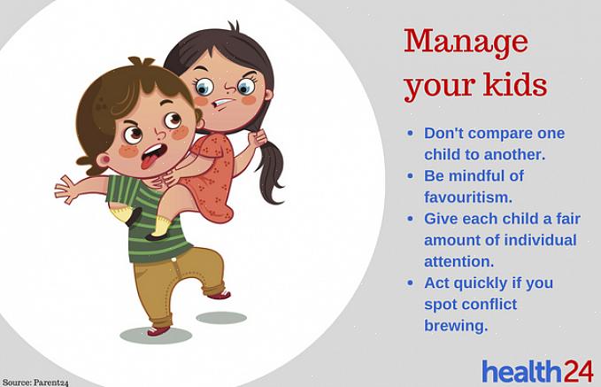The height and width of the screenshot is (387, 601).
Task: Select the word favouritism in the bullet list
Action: tap(467, 197)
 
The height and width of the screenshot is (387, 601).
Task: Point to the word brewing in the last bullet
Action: tap(456, 326)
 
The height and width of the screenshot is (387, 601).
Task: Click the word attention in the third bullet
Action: tap(458, 262)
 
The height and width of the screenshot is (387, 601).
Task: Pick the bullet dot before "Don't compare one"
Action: tap(411, 133)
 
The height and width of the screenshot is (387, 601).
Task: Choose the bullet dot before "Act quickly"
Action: tap(411, 283)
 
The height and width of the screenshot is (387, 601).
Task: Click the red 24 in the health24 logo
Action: tap(578, 371)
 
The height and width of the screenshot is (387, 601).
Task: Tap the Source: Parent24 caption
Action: tap(35, 383)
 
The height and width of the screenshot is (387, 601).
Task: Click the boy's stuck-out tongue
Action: tap(150, 160)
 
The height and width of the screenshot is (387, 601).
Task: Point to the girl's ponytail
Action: tap(271, 169)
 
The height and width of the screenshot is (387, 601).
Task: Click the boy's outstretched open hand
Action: tap(65, 189)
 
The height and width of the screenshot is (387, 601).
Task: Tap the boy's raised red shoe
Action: tap(219, 295)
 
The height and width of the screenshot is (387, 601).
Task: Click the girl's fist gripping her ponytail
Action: tap(258, 137)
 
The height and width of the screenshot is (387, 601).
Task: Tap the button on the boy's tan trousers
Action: tap(174, 260)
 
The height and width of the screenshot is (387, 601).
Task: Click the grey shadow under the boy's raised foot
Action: tap(221, 318)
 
